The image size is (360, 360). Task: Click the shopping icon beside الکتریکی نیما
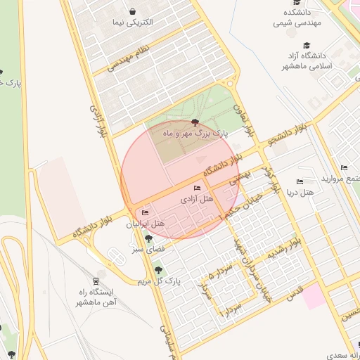coord(134,11)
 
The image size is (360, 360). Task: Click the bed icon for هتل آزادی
coord(197,188)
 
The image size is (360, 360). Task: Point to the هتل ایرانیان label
coord(145,224)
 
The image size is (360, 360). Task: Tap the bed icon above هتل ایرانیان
coord(146,213)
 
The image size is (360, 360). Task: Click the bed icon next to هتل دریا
coord(300,181)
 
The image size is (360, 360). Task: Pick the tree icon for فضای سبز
coord(148,239)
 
